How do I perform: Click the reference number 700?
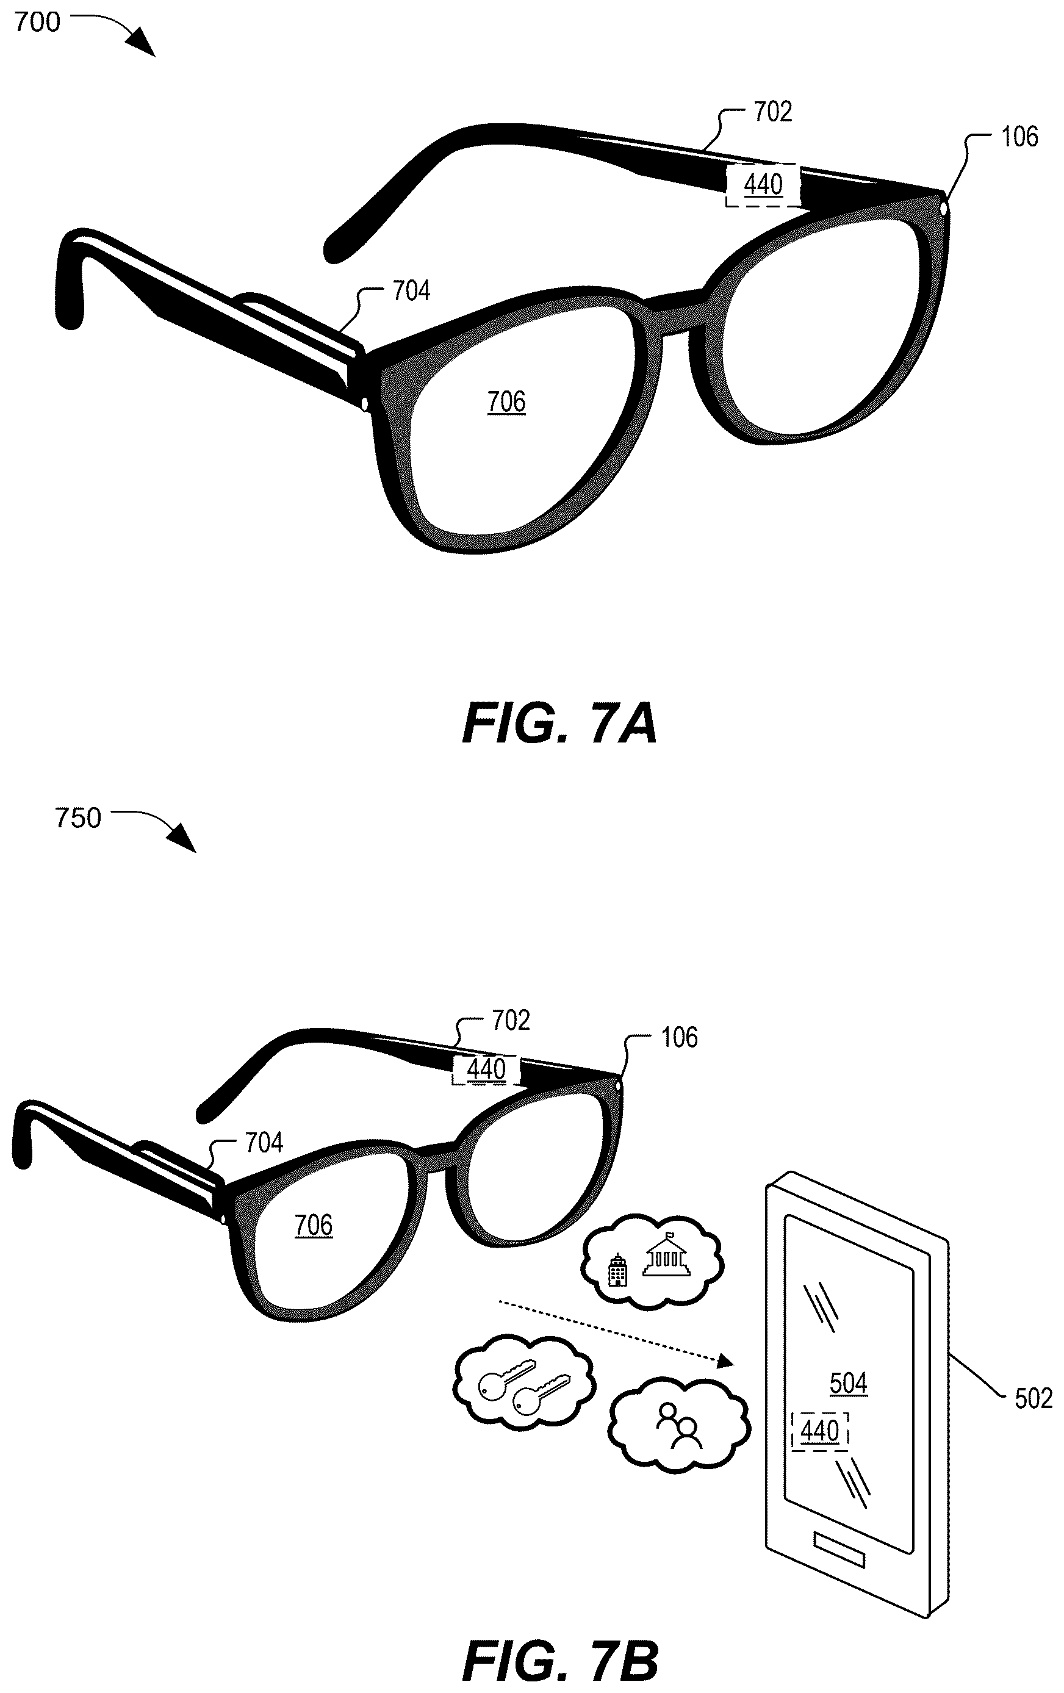[x=37, y=23]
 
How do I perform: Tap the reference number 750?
[x=78, y=818]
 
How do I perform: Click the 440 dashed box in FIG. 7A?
[x=763, y=185]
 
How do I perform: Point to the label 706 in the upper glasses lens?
[x=506, y=402]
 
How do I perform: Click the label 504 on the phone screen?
[x=848, y=1384]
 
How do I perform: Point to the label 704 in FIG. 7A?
[x=411, y=291]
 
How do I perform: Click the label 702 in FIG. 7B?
[x=511, y=1020]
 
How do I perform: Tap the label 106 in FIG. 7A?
[x=1019, y=137]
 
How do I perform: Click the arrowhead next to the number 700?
[x=143, y=43]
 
